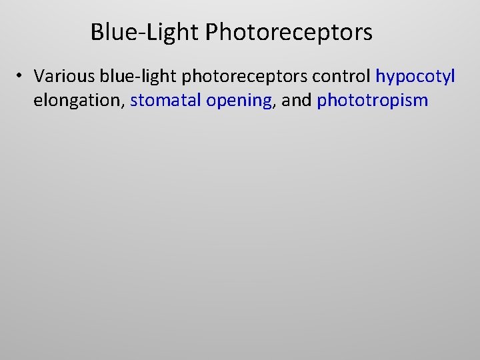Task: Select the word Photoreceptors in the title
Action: (289, 32)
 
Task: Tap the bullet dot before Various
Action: (21, 77)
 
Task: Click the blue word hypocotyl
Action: (415, 77)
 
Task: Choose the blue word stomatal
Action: (166, 101)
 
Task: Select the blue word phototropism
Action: (373, 101)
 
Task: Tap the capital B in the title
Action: (97, 32)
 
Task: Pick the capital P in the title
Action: (211, 32)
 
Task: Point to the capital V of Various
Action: (39, 77)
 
